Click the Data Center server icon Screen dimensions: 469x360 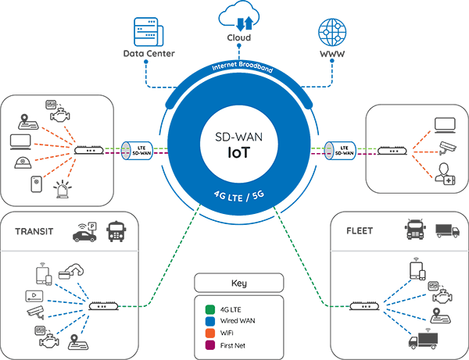(x=149, y=32)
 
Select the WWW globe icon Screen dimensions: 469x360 (x=332, y=32)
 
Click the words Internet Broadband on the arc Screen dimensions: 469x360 (x=242, y=66)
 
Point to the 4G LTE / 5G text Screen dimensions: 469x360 (x=239, y=196)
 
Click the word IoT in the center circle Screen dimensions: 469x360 (x=238, y=152)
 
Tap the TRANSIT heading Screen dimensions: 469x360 (x=34, y=231)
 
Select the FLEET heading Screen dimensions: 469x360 (x=360, y=230)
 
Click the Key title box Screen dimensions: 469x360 (x=238, y=283)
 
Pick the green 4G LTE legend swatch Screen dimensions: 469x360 (x=210, y=309)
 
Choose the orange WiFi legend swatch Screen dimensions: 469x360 (x=210, y=333)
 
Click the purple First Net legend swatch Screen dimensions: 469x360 (x=210, y=345)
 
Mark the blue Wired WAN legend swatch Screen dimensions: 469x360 (x=210, y=321)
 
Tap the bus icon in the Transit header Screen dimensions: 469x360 (x=116, y=231)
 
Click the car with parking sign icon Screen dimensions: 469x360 (x=84, y=232)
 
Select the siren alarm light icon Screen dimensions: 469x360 (x=63, y=189)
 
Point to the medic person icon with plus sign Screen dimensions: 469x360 (x=445, y=174)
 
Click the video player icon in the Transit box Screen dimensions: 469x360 (x=34, y=296)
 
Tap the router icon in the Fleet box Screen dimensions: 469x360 (x=364, y=306)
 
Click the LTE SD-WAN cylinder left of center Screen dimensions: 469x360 (x=137, y=151)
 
